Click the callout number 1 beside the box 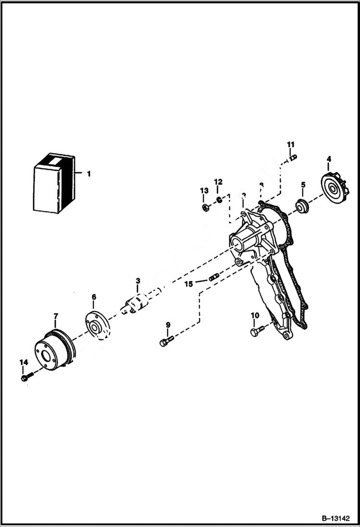click(88, 174)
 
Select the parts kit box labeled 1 click(54, 184)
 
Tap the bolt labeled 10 click(257, 331)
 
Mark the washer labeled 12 click(218, 198)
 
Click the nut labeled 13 click(204, 208)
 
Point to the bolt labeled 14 click(26, 378)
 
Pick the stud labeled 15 click(214, 277)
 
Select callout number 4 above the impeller click(329, 159)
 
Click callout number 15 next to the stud click(189, 284)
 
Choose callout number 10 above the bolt click(255, 315)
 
